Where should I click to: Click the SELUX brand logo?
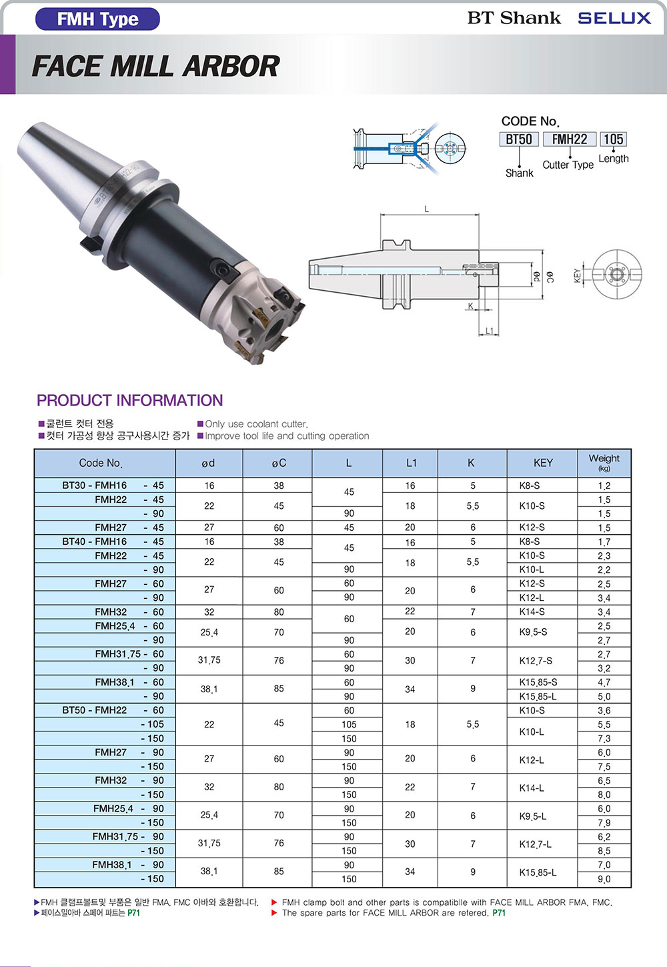coord(614,18)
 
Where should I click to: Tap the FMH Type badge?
coord(97,19)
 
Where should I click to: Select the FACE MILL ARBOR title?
coord(156,66)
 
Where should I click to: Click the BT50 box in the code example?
coord(519,139)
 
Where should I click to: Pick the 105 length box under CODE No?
coord(613,139)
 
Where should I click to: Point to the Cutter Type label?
coord(568,165)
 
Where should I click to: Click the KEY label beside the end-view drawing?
coord(577,275)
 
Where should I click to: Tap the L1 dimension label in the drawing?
coord(489,331)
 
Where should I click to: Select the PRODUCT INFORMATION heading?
coord(129,400)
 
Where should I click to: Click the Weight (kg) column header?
coord(604,462)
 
